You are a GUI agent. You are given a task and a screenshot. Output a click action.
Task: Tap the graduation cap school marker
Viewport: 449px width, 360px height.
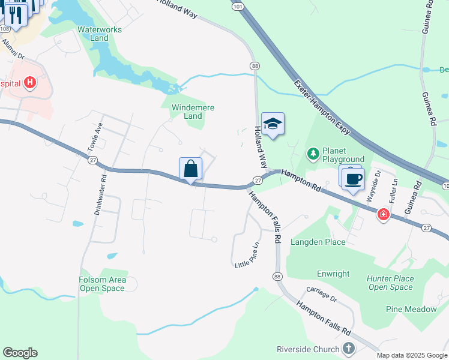click(x=273, y=124)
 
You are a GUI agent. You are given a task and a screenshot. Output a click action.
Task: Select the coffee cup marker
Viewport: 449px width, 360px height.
click(x=354, y=178)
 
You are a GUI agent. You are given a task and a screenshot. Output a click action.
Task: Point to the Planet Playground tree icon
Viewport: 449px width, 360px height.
click(x=313, y=154)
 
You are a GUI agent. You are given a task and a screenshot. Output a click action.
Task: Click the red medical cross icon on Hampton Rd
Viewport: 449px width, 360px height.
click(x=383, y=214)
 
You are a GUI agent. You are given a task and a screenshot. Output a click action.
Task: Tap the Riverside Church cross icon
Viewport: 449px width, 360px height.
click(x=349, y=349)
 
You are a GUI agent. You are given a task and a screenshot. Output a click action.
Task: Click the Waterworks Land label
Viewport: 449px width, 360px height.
click(x=99, y=33)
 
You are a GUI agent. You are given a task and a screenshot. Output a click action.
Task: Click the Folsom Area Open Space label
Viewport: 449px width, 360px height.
click(x=102, y=284)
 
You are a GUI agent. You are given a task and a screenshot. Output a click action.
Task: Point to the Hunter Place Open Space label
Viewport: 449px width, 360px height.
click(x=391, y=283)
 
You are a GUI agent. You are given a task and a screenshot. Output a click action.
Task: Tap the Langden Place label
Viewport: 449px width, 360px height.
click(x=318, y=242)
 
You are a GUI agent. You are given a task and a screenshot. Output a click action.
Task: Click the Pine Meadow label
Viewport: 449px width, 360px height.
click(x=412, y=309)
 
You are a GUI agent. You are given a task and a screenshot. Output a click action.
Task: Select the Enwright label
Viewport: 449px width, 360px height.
click(x=333, y=274)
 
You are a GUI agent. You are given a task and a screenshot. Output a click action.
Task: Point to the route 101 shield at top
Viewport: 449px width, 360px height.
click(x=238, y=6)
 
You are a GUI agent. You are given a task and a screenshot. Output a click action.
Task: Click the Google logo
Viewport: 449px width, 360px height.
click(x=20, y=353)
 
